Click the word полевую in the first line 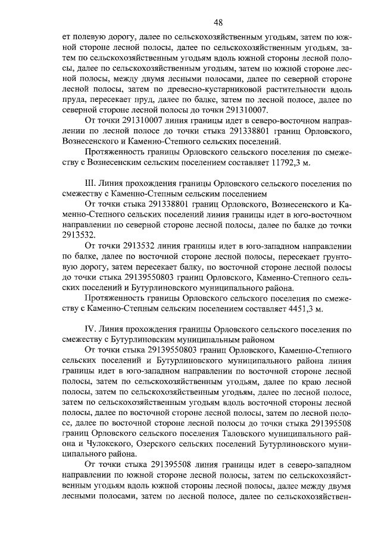[x=92, y=37]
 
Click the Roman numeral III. [x=92, y=183]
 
